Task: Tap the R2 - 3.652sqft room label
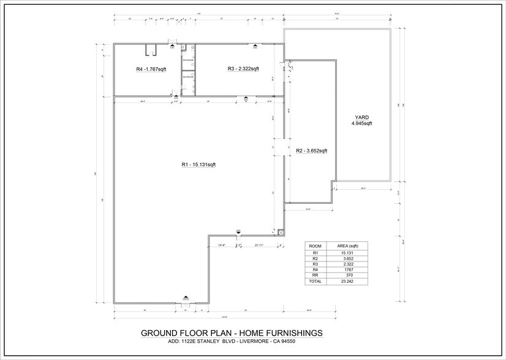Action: (x=312, y=151)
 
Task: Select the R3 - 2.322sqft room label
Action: (x=243, y=69)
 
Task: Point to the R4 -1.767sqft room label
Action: (x=151, y=70)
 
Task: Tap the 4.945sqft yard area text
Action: (x=361, y=124)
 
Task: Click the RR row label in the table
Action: (x=316, y=275)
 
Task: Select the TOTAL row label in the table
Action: (x=316, y=282)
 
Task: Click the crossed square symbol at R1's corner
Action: (x=281, y=232)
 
